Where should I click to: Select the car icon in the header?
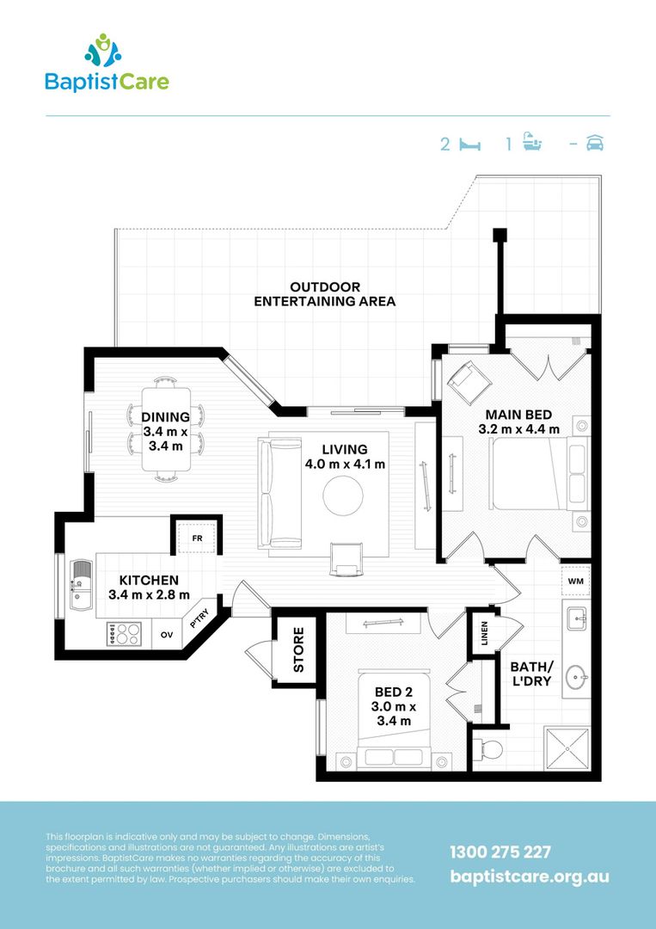pos(595,144)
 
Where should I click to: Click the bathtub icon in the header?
pos(534,143)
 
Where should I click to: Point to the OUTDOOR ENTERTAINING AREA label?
pos(325,294)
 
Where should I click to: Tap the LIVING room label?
pos(345,457)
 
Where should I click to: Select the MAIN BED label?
pos(518,421)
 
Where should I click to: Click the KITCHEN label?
pos(149,588)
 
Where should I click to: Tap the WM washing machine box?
pos(575,581)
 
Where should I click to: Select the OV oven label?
pos(166,635)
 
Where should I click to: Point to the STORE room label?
pos(297,649)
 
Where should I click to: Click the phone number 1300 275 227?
pos(500,852)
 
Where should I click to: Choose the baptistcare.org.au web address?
pos(530,877)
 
